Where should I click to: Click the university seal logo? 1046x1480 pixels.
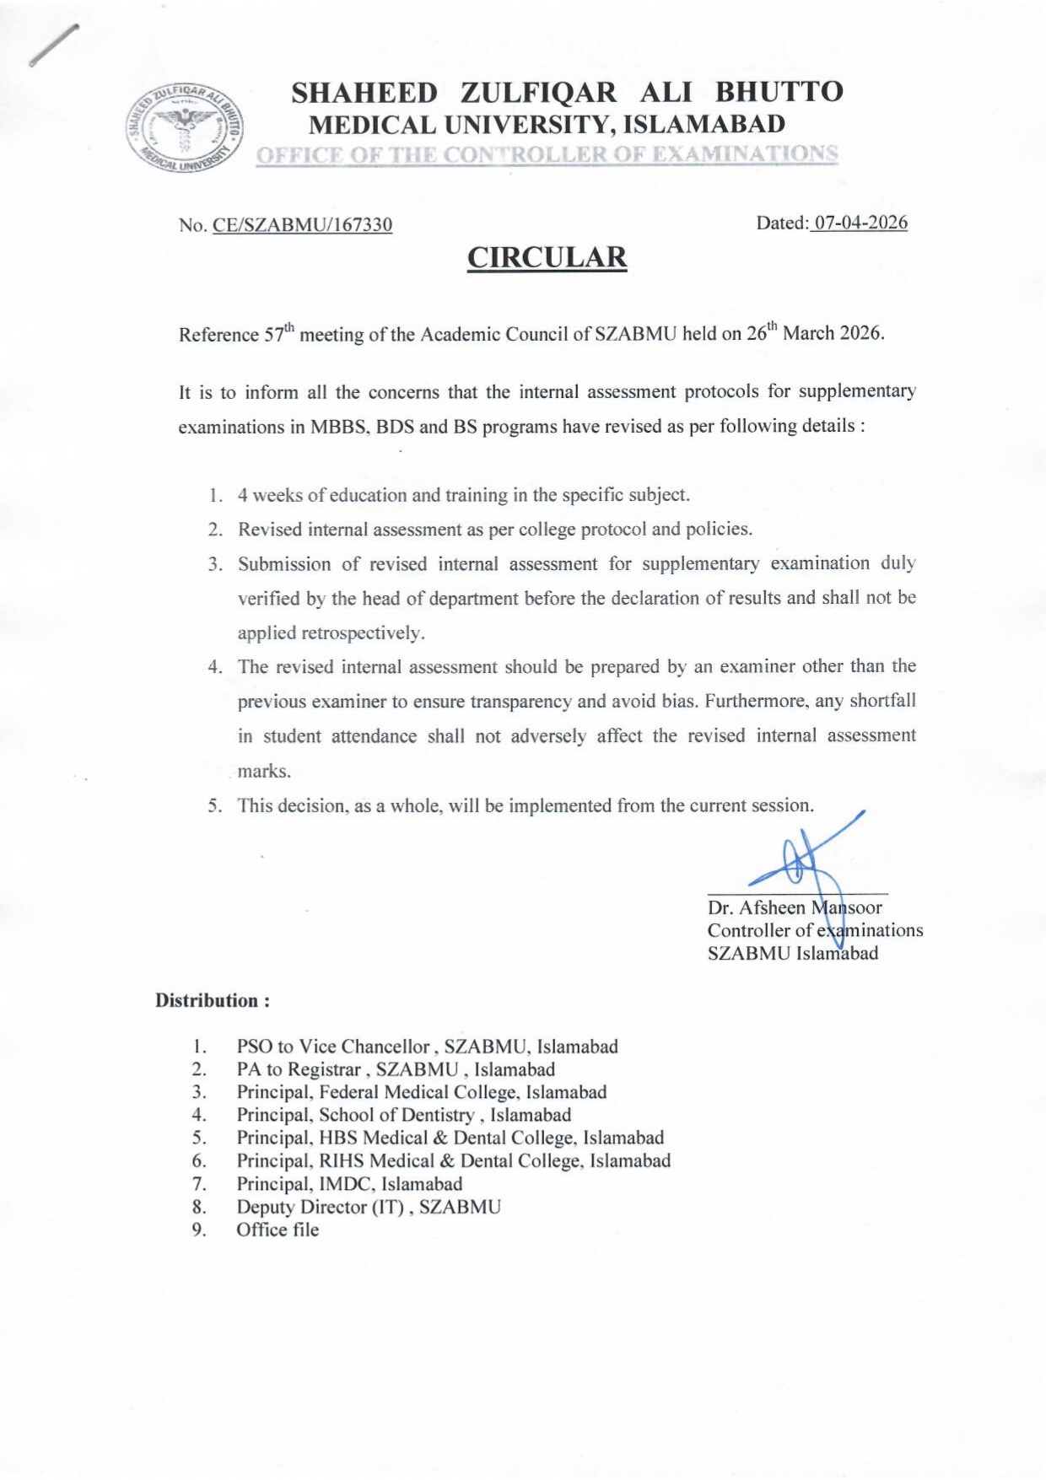[186, 128]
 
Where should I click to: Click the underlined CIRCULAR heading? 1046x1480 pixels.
[547, 257]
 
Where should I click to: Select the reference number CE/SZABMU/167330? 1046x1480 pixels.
[303, 225]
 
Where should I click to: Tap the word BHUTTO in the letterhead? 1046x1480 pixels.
[779, 92]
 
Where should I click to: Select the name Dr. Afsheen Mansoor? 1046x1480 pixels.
[795, 908]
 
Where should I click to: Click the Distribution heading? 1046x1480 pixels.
[213, 1001]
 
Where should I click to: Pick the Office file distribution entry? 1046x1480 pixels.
[278, 1230]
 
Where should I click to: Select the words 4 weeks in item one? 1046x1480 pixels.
[267, 495]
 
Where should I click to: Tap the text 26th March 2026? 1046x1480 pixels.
[815, 333]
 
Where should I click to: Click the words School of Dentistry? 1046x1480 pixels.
[396, 1115]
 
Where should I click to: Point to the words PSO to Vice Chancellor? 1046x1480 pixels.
[333, 1047]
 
